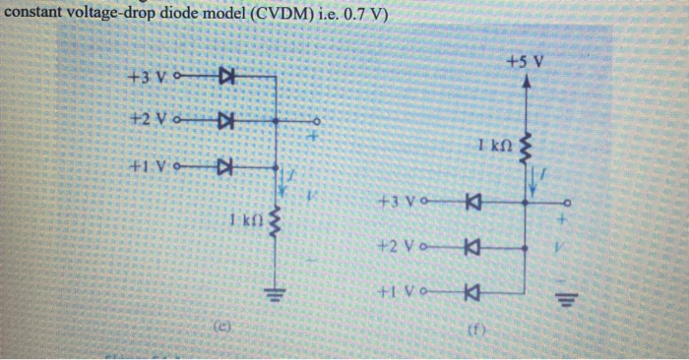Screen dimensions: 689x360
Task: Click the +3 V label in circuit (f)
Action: pyautogui.click(x=394, y=204)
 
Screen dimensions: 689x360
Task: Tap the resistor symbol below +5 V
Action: pyautogui.click(x=525, y=148)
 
